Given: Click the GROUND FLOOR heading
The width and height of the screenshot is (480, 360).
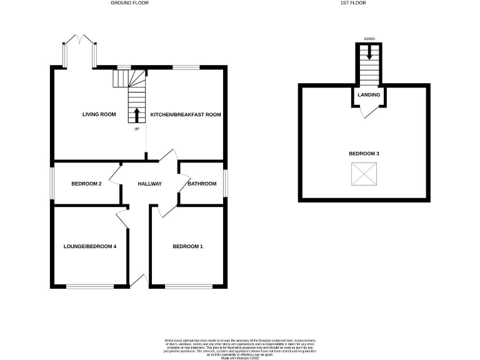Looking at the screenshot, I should point(129,3).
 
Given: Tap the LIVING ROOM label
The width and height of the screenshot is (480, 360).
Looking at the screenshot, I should point(99,114).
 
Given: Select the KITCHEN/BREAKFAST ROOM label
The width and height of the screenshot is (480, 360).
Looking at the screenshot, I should point(186,114).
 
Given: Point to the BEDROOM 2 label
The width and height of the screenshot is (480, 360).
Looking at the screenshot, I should point(86,184).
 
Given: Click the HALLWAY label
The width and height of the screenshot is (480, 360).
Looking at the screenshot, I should point(150,184).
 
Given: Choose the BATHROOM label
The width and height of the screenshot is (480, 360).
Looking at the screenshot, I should point(202,184).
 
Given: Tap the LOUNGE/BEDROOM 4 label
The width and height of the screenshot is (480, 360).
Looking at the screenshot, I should point(90,246).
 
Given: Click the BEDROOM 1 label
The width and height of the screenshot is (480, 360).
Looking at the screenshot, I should point(187,246).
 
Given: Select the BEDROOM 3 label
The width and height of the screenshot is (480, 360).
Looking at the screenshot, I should point(364,154).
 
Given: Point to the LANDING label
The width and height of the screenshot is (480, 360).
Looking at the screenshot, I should point(369,94).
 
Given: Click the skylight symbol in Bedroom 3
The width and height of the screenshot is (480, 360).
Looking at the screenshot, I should point(364,174).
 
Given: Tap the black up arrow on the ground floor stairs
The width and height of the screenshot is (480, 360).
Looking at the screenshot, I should point(136,115).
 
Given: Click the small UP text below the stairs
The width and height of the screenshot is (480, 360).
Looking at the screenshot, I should point(136,129).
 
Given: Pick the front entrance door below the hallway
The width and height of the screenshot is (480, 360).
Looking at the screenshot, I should point(139,282).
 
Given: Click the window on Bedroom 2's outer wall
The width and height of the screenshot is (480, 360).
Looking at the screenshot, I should point(52,182).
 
